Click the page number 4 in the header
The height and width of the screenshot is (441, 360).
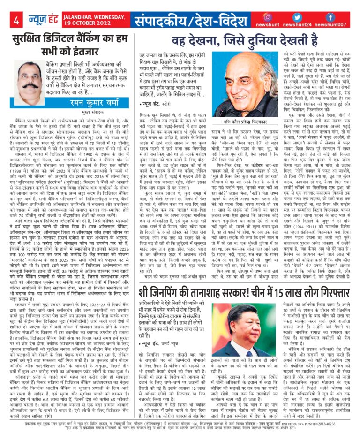(15, 21)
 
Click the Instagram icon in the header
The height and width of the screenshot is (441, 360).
(267, 17)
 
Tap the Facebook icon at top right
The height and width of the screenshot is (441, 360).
(330, 17)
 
